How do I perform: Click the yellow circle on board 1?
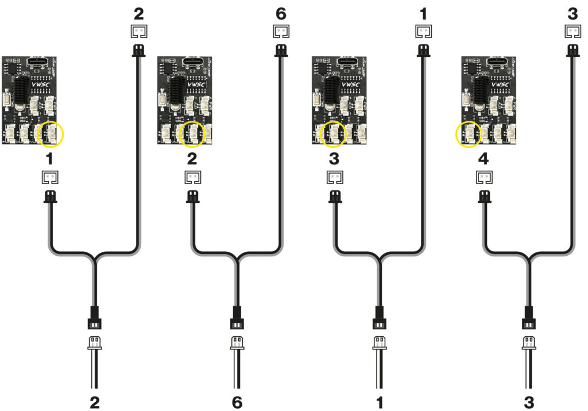click(50, 135)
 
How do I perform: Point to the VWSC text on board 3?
click(350, 85)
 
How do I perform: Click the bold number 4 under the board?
click(483, 159)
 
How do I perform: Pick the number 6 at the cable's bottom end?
click(237, 403)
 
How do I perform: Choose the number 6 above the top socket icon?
click(281, 13)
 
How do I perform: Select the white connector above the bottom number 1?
click(379, 343)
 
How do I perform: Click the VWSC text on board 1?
click(41, 85)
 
